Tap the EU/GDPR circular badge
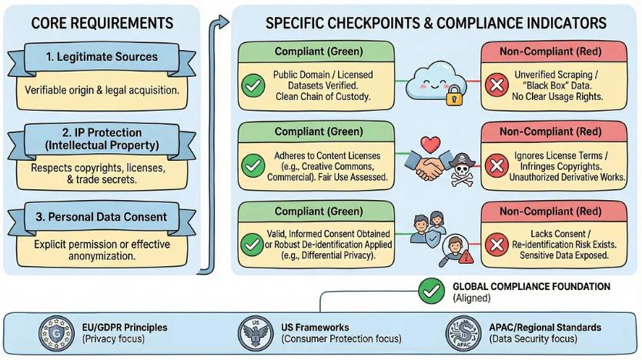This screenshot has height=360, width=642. coord(53,332)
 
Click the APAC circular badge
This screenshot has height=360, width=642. coord(462,333)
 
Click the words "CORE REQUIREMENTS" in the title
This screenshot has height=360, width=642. coord(102,23)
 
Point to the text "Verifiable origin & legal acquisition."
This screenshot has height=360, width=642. coord(102,91)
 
